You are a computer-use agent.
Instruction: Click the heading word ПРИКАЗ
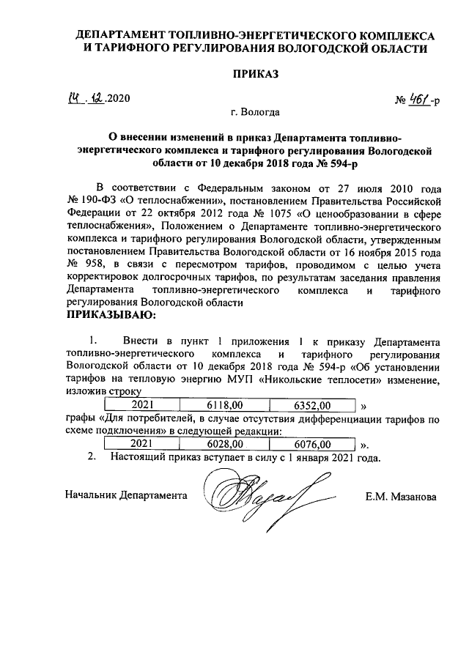coord(256,74)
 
